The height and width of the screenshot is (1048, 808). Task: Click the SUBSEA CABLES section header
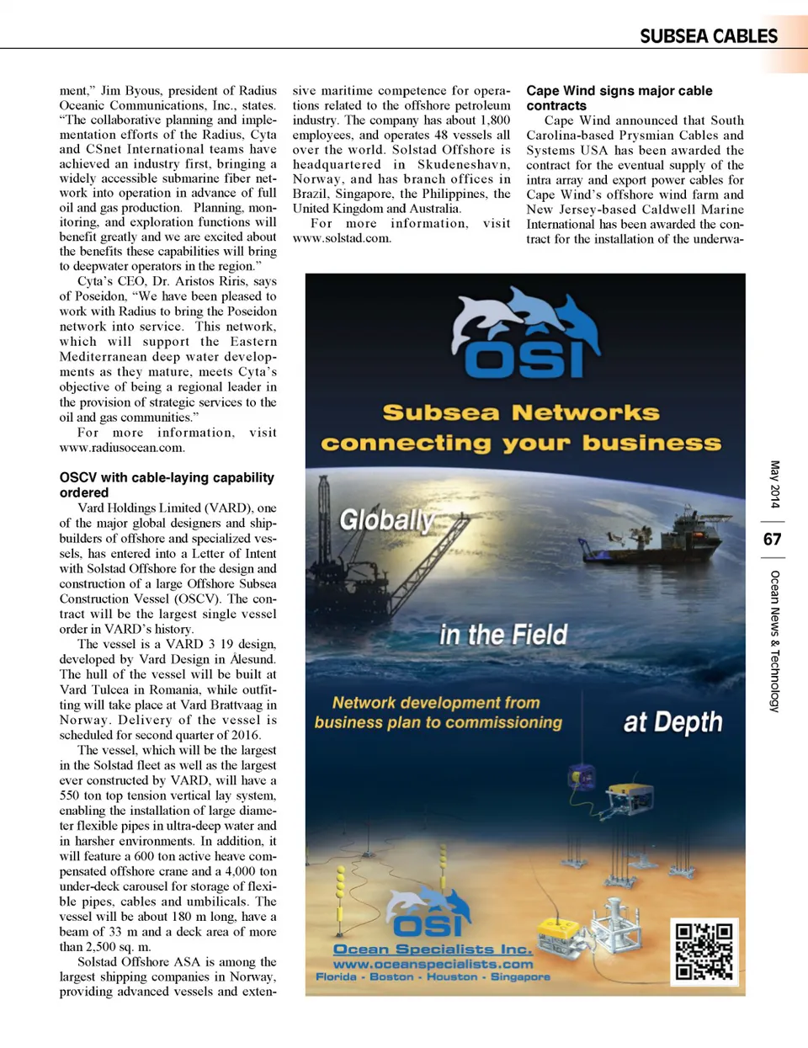coord(708,36)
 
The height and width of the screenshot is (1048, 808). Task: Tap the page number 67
coord(772,540)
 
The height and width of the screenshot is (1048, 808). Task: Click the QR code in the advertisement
coord(704,951)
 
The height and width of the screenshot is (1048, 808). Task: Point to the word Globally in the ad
coord(386,520)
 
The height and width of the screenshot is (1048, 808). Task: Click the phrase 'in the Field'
coord(503,635)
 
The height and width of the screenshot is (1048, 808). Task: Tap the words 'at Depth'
coord(672,722)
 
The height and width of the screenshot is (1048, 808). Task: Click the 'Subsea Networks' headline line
coord(521,412)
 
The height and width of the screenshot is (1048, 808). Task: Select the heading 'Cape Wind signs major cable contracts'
coord(619,98)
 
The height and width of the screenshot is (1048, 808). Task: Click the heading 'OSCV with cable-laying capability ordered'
coord(167,485)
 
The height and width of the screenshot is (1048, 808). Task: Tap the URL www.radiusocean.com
coord(121,448)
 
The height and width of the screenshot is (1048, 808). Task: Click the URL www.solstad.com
coord(342,238)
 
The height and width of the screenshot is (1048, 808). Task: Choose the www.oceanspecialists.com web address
coord(433,964)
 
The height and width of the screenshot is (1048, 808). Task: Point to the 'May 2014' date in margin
coord(774,484)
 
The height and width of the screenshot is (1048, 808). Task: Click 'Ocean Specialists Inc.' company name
coord(433,950)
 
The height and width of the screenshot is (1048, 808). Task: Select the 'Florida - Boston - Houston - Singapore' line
coord(433,977)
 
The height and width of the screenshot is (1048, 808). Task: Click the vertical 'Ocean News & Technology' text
coord(774,641)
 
